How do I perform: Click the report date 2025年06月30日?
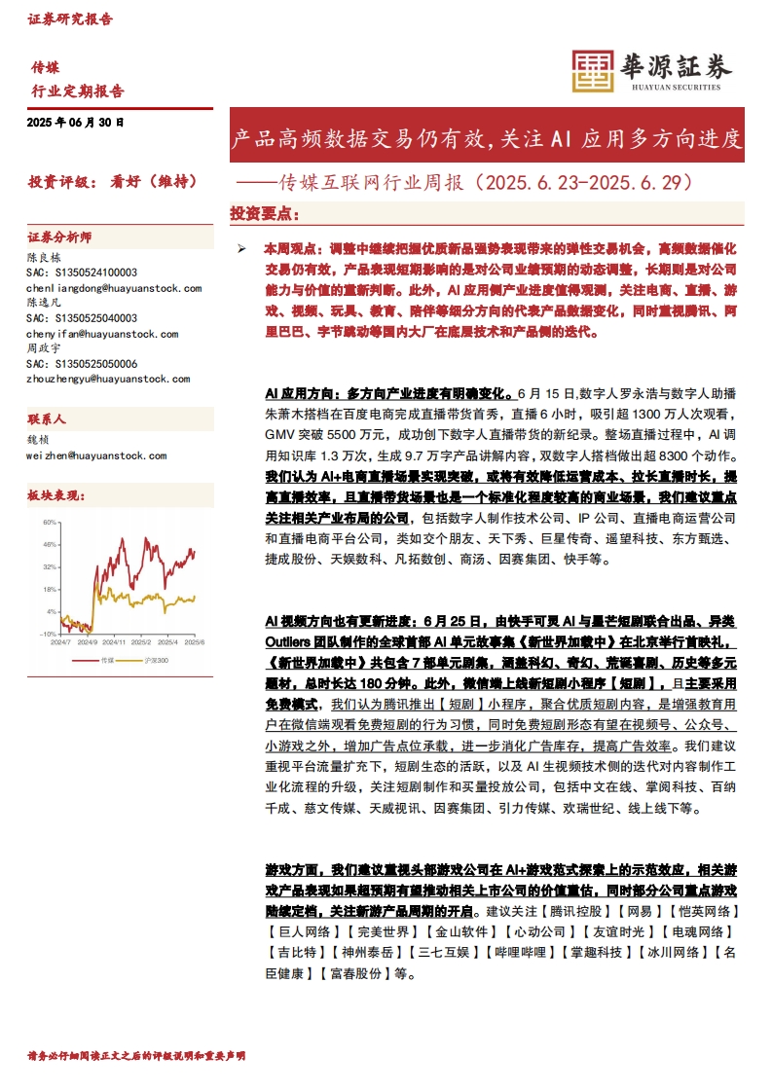76,124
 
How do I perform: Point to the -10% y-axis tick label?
48,634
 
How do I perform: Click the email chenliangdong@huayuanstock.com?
114,288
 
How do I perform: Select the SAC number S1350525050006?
82,363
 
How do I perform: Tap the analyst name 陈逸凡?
44,304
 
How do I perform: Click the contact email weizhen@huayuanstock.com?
96,455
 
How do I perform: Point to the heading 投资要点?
264,213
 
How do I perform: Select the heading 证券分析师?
59,237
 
